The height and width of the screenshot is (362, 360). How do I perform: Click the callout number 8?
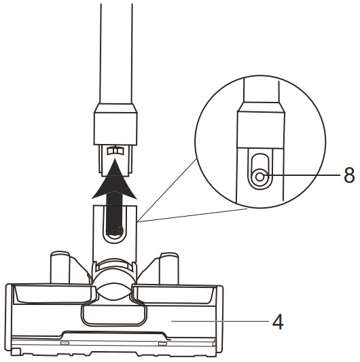pyautogui.click(x=349, y=175)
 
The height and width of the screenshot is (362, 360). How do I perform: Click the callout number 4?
pyautogui.click(x=278, y=322)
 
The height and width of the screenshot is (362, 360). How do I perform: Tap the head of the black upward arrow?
pyautogui.click(x=115, y=179)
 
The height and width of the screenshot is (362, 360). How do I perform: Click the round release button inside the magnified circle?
pyautogui.click(x=259, y=177)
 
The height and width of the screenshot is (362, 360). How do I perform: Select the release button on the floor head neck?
pyautogui.click(x=114, y=231)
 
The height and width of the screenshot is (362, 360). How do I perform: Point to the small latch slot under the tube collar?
pyautogui.click(x=115, y=150)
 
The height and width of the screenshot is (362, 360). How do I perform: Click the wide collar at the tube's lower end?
pyautogui.click(x=115, y=124)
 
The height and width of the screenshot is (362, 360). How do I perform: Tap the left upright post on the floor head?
pyautogui.click(x=60, y=268)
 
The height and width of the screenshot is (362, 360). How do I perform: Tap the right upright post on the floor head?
pyautogui.click(x=169, y=268)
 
